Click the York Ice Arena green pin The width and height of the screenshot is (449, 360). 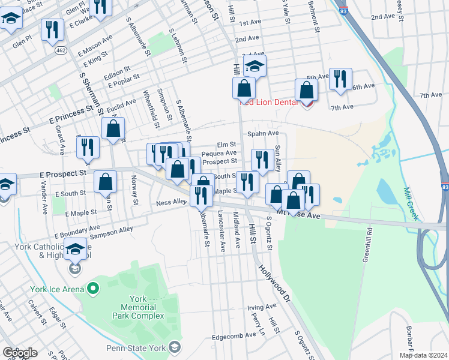click(x=92, y=289)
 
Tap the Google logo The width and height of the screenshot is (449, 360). click(x=19, y=353)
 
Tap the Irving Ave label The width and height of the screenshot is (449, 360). click(x=262, y=307)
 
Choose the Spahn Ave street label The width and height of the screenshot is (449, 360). click(x=265, y=133)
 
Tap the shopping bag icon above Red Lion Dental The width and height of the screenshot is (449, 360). click(x=307, y=91)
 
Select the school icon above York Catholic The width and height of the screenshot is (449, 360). click(x=76, y=248)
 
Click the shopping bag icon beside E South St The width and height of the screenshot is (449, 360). click(x=105, y=181)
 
